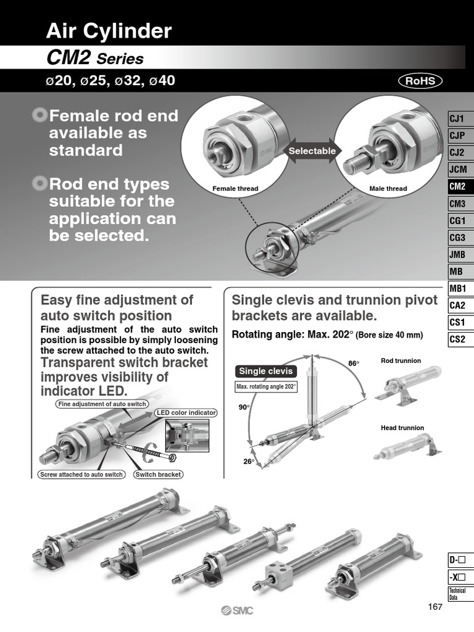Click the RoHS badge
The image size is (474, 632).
(420, 81)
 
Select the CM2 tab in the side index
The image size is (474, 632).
(457, 186)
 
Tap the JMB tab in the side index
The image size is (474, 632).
(457, 254)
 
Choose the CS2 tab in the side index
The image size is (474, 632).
(457, 339)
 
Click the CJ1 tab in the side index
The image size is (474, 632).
(457, 118)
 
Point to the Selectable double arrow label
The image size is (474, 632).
(312, 151)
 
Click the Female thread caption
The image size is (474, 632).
(235, 188)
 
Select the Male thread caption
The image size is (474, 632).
(388, 188)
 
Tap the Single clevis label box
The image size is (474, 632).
(265, 371)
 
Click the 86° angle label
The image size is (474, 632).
(354, 364)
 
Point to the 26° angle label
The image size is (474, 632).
(248, 461)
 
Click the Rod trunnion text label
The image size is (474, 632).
(401, 360)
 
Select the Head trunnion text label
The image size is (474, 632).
(402, 428)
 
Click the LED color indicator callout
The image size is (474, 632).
(190, 412)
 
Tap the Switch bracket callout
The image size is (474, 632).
(158, 475)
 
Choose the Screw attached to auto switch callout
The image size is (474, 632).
(81, 475)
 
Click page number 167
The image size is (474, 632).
(435, 607)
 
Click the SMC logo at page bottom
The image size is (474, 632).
(237, 610)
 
